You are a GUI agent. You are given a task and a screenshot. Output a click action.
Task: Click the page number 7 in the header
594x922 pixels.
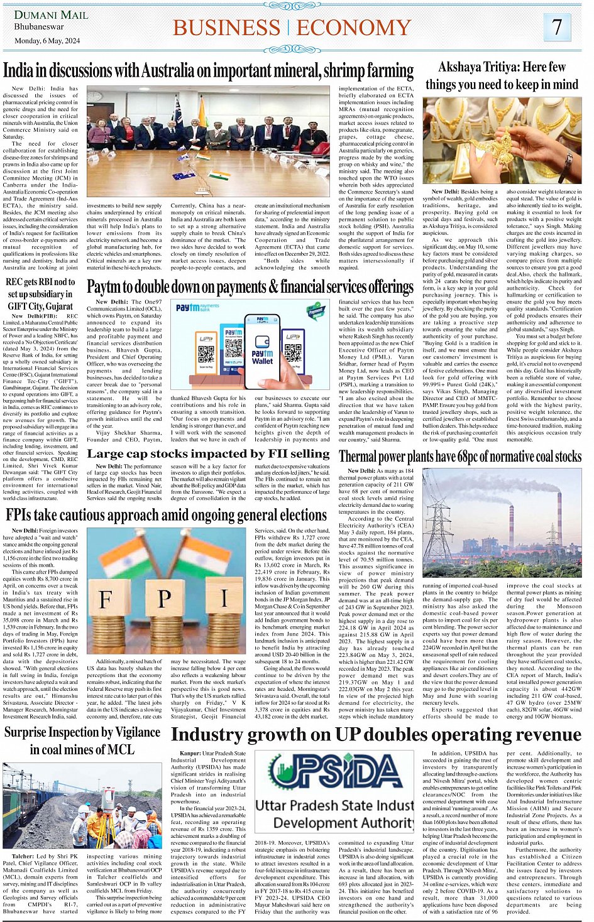coord(557,27)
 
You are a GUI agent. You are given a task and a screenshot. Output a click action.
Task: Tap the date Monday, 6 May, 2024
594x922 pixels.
coord(47,40)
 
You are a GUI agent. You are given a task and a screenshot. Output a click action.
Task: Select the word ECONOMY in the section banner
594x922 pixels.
coord(354,28)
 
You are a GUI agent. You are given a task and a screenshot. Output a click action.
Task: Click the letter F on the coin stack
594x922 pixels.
coord(106,599)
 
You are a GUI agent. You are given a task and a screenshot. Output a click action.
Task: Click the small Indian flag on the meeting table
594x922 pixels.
coord(219,175)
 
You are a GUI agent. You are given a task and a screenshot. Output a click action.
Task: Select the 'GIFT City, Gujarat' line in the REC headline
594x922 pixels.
coord(40,306)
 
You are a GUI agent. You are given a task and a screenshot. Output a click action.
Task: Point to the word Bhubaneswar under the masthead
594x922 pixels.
coord(39,27)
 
